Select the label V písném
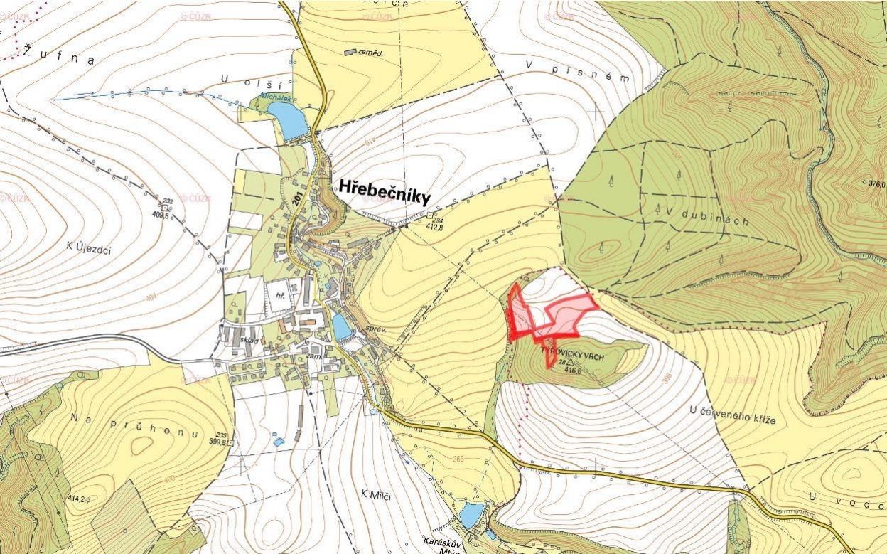tap(578, 71)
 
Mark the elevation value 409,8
tap(161, 214)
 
